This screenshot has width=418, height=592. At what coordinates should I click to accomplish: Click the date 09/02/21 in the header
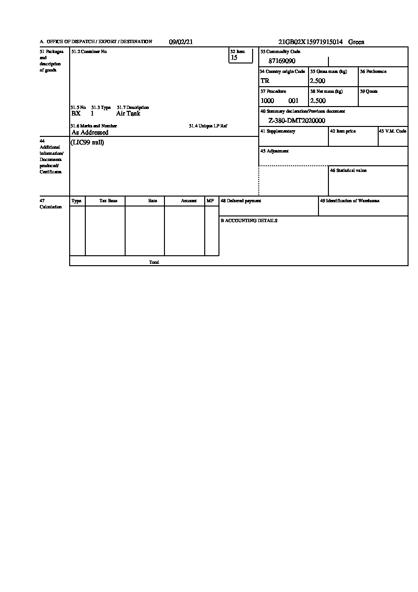click(x=181, y=42)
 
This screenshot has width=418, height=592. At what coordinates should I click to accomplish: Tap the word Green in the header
click(x=356, y=42)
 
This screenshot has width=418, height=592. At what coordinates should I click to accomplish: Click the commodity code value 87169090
click(x=282, y=61)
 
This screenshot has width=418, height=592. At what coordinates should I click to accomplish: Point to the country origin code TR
click(x=265, y=81)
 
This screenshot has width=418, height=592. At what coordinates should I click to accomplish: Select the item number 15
click(x=234, y=58)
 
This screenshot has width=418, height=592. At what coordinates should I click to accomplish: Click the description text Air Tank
click(x=128, y=114)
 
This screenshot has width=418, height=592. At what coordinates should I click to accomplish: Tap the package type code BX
click(x=76, y=114)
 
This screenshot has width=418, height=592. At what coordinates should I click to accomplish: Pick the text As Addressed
click(x=90, y=133)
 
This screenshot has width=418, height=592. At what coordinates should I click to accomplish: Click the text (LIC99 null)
click(x=87, y=143)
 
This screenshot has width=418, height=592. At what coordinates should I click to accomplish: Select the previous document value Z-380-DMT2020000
click(x=297, y=121)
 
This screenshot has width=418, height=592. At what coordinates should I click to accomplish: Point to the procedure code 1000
click(x=267, y=100)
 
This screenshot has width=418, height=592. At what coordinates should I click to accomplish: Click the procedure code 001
click(x=293, y=100)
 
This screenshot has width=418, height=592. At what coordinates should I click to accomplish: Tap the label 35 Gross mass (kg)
click(x=328, y=72)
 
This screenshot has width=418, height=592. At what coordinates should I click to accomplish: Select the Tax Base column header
click(x=108, y=201)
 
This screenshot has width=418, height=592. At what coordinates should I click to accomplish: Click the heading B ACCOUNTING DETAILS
click(x=249, y=221)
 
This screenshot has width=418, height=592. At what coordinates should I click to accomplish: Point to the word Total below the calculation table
click(x=154, y=262)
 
